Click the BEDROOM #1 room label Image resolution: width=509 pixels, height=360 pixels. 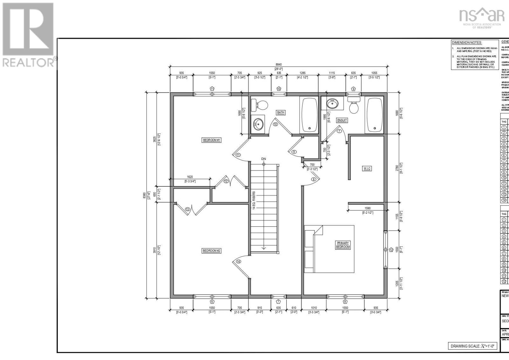212,140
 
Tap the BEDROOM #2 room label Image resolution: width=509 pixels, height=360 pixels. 212,251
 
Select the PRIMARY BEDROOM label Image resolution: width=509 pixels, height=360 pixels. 343,245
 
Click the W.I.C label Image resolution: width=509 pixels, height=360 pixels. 367,169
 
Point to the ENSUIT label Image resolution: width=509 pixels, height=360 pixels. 342,120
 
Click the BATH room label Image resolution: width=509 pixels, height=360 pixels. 280,112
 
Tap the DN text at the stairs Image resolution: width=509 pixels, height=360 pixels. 263,159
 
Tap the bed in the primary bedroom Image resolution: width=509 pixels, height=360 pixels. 329,249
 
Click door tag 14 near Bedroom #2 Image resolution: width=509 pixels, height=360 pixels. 238,261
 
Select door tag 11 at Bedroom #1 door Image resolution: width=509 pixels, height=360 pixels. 238,155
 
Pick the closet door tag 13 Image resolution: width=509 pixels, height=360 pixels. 187,209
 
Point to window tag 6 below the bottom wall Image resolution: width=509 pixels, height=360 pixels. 212,301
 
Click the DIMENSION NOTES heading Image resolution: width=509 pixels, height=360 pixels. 467,43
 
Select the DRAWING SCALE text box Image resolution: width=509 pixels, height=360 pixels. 472,346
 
